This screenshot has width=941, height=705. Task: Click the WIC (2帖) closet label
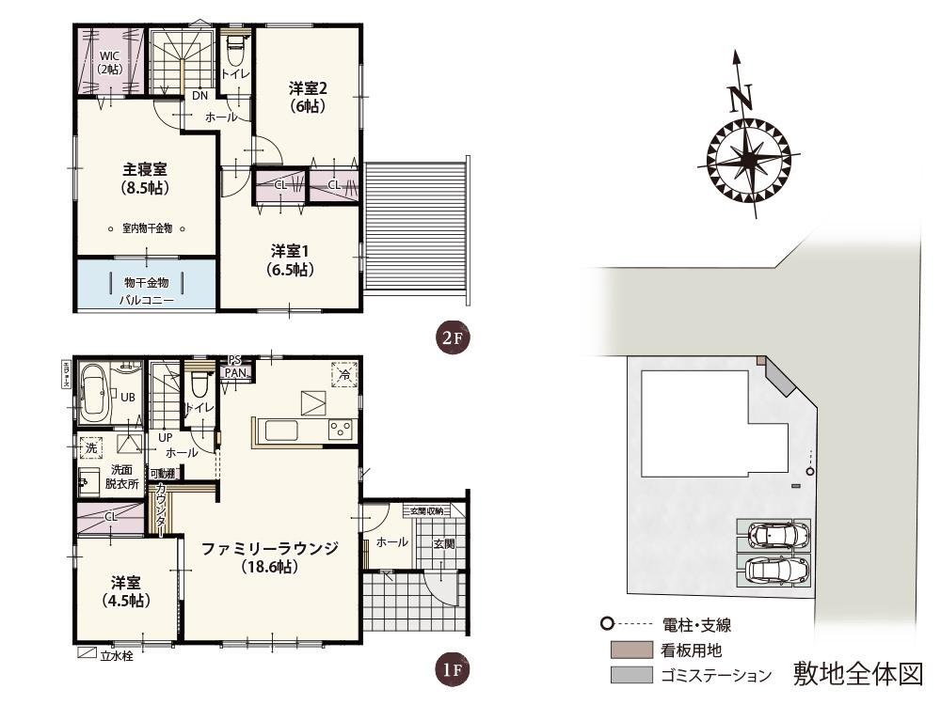pyautogui.click(x=109, y=62)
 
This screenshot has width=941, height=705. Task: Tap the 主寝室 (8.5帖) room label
pyautogui.click(x=145, y=179)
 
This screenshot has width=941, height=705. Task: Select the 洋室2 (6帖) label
pyautogui.click(x=307, y=97)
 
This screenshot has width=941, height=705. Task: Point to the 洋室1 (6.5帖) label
pyautogui.click(x=291, y=259)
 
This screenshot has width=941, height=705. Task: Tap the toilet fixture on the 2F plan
pyautogui.click(x=234, y=48)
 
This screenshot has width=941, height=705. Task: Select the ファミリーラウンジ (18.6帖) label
pyautogui.click(x=269, y=557)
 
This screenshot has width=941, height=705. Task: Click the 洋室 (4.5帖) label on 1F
pyautogui.click(x=125, y=590)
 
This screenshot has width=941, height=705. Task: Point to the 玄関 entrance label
pyautogui.click(x=443, y=543)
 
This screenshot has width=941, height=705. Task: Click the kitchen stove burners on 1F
pyautogui.click(x=339, y=430)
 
